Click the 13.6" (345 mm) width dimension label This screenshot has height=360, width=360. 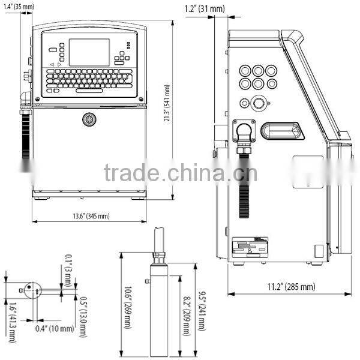[91, 216]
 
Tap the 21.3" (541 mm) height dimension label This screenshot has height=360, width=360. [167, 103]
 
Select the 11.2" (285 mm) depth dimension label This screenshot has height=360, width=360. [291, 287]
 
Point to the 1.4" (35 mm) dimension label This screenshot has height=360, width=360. [19, 7]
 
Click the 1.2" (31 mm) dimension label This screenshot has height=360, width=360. [205, 9]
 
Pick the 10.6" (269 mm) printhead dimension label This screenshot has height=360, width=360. [128, 307]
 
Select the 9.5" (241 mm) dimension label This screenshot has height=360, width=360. [202, 311]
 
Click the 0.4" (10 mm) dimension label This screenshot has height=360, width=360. [55, 329]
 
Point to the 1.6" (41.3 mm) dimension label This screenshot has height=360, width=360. [13, 322]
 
